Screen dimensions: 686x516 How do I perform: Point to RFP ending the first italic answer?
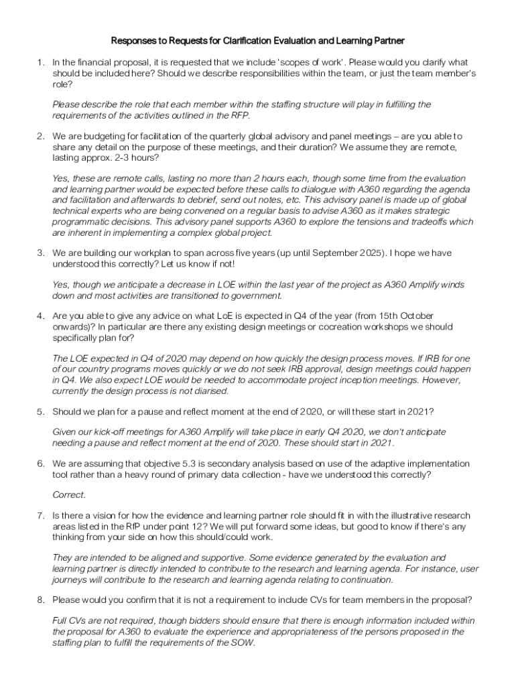click(x=240, y=115)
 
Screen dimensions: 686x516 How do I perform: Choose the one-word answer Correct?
click(x=69, y=495)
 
